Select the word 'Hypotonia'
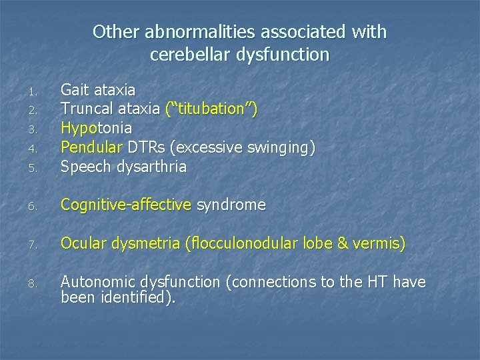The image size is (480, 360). tap(96, 127)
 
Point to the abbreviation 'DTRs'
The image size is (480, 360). tap(148, 147)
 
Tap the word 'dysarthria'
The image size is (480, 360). tap(153, 167)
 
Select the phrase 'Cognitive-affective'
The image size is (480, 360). tap(126, 205)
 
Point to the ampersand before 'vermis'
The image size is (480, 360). tap(343, 244)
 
